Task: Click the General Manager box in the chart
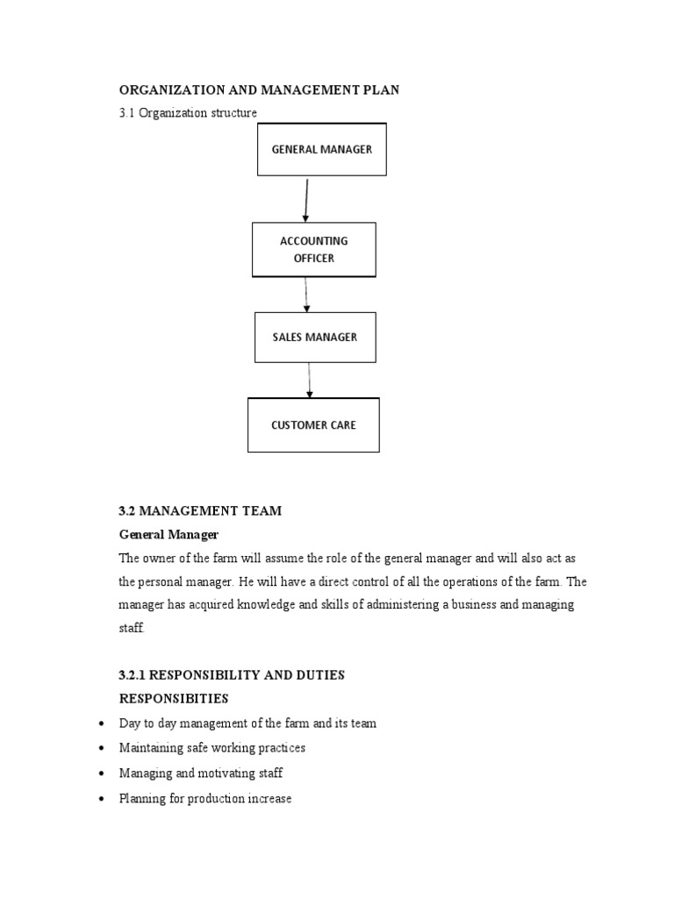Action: tap(321, 149)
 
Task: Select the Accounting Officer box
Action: tap(314, 250)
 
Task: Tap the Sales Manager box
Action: tap(315, 338)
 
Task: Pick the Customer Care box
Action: tap(313, 425)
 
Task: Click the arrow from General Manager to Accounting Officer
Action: tap(306, 199)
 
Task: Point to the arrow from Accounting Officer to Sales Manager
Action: tap(306, 295)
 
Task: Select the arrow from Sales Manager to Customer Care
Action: tap(309, 381)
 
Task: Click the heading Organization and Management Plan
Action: tap(259, 91)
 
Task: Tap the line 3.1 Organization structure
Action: tap(188, 113)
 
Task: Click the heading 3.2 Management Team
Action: tap(200, 511)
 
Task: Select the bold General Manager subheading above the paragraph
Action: tap(168, 534)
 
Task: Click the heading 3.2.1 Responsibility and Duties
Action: tap(232, 675)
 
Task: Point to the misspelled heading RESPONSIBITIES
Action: tap(173, 699)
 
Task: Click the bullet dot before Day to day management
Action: tap(102, 723)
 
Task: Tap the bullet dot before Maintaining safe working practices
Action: tap(102, 748)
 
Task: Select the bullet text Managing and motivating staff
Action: tap(201, 773)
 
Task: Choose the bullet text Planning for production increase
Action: tap(205, 799)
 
